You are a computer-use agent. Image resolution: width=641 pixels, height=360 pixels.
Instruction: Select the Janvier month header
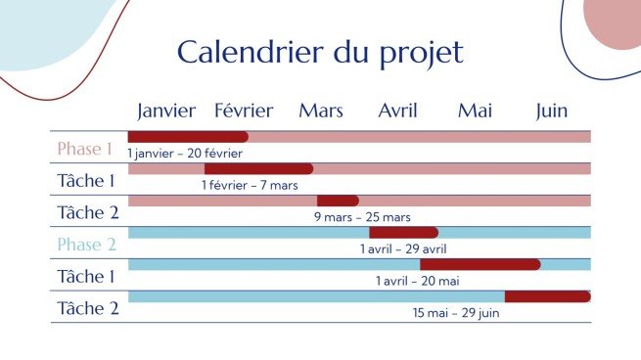166,111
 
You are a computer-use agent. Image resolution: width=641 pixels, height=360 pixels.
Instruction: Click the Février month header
244,111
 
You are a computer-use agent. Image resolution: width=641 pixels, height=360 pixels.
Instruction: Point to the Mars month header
321,111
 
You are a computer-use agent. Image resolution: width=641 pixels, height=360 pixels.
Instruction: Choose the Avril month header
397,111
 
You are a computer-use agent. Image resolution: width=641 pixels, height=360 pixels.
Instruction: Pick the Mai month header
475,111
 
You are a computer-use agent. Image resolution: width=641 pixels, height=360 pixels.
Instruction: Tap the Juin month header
552,111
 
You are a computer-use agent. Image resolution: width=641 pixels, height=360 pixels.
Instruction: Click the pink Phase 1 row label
84,150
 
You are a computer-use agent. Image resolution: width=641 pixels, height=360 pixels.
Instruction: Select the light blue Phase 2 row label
86,245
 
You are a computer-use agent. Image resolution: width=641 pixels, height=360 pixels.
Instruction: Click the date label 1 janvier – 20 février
184,154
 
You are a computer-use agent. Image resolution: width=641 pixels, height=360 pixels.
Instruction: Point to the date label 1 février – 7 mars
250,185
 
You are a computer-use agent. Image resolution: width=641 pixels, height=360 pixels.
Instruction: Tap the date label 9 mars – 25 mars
362,217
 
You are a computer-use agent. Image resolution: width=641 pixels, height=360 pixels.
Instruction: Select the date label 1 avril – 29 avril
403,249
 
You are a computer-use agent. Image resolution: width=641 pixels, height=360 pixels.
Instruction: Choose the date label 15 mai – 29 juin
456,313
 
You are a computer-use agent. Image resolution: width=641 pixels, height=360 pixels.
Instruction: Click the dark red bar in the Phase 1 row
188,137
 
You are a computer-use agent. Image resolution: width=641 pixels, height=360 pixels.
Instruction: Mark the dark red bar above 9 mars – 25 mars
338,201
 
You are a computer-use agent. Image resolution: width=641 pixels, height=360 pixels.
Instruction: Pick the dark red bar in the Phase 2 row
403,233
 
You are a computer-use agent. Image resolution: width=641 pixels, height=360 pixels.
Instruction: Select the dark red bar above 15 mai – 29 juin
547,296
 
